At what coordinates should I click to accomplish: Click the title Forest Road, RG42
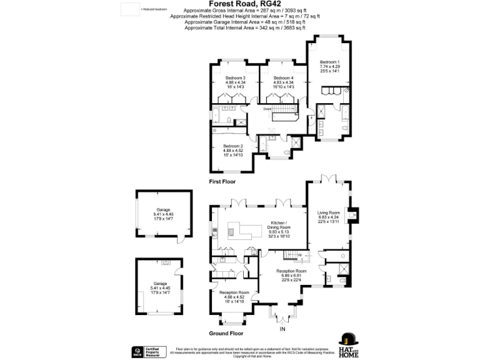pos(239,4)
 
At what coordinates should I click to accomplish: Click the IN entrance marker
pos(282,329)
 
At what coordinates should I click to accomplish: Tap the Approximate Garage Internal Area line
pos(239,22)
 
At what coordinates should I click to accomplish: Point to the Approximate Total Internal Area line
pos(239,27)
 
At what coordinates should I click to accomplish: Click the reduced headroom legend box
pos(129,9)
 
